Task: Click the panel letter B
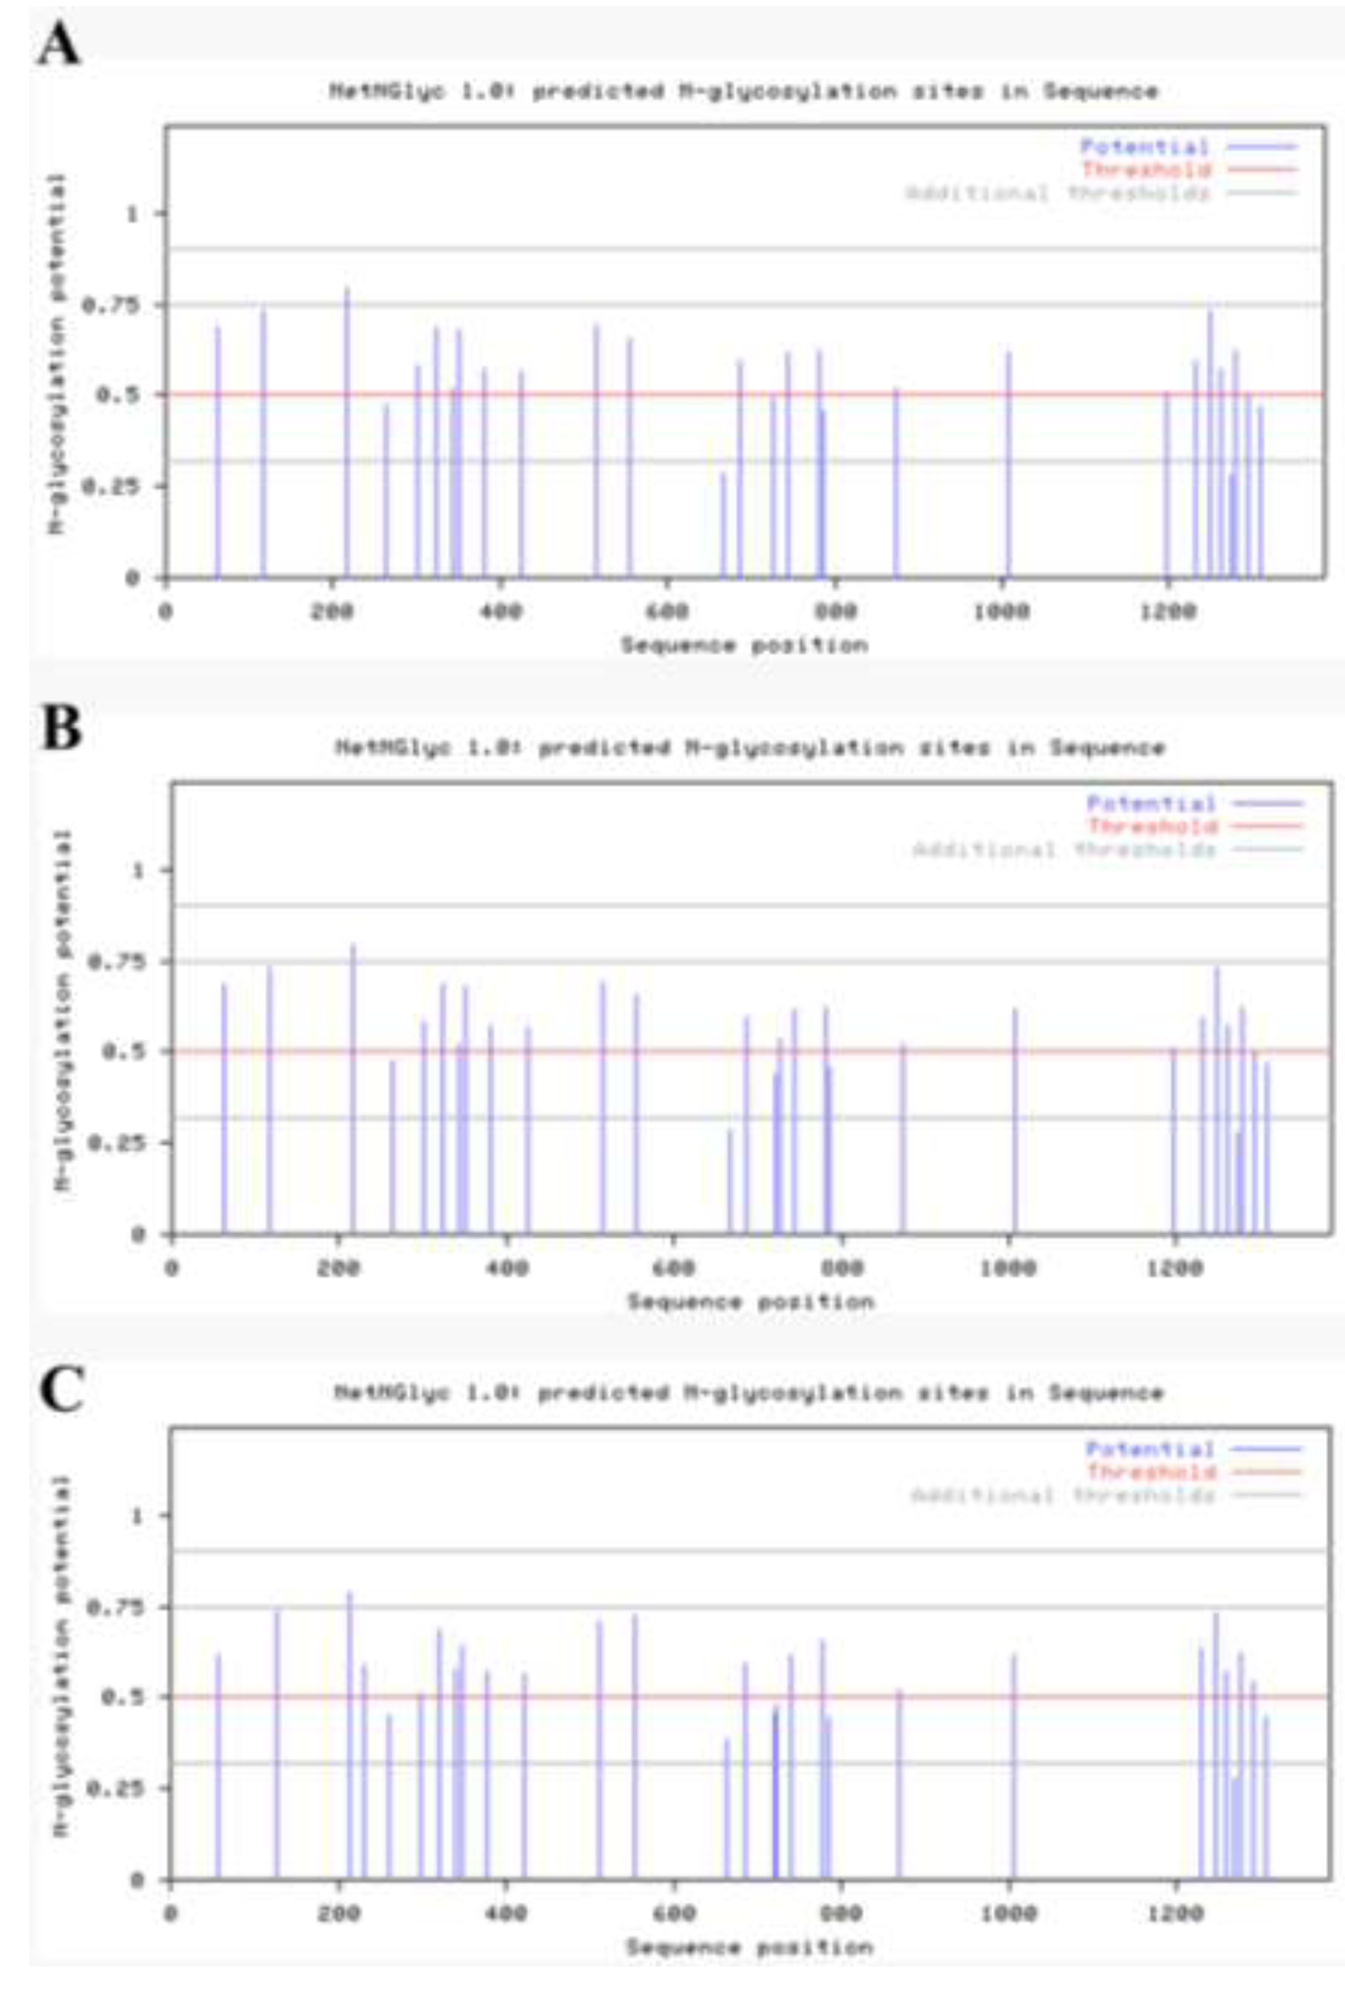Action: tap(62, 728)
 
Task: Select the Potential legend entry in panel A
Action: tap(1145, 147)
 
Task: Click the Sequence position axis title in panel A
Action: tap(744, 645)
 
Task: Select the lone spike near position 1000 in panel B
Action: tap(1015, 1123)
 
